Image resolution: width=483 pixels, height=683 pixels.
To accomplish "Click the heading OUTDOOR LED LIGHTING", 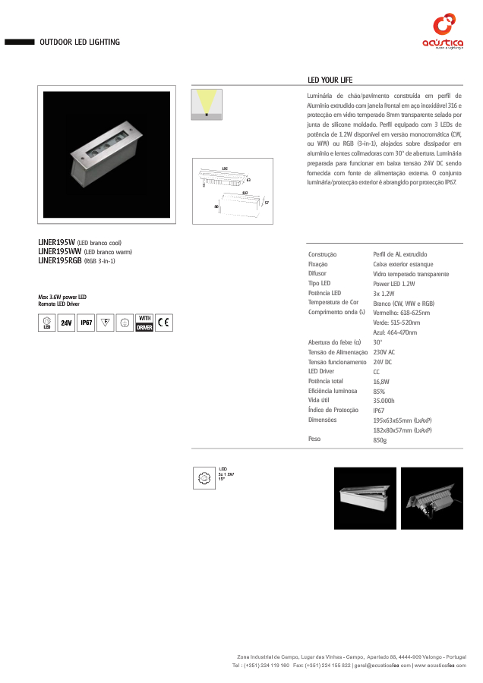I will tap(80, 42).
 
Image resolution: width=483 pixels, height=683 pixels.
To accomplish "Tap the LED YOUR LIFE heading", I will tap(330, 80).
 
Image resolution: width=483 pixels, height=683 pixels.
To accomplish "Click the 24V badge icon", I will tap(66, 323).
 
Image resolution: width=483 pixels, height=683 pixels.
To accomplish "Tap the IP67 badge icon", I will tap(86, 323).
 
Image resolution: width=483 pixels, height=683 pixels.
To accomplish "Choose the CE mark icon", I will tap(165, 323).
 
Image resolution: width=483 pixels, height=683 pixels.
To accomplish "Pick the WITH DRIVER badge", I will tap(144, 323).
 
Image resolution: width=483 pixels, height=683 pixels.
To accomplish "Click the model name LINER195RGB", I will tap(60, 260).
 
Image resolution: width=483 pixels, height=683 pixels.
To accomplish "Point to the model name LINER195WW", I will tap(59, 251).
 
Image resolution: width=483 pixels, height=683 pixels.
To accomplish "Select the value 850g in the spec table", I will tap(380, 440).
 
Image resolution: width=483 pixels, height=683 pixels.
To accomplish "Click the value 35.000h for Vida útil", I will tap(384, 401).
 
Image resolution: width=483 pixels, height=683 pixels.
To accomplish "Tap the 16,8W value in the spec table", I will tap(381, 382).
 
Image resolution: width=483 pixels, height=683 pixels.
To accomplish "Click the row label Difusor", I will tap(317, 273).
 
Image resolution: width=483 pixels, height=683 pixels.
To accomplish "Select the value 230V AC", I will tap(384, 352).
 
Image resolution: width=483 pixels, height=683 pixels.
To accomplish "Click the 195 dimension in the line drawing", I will tap(225, 168).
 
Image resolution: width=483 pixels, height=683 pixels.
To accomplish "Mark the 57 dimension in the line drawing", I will tap(267, 203).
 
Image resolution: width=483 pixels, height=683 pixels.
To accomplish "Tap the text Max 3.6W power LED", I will tap(62, 297).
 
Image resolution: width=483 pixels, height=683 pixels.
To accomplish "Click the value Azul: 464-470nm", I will tap(395, 332).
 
